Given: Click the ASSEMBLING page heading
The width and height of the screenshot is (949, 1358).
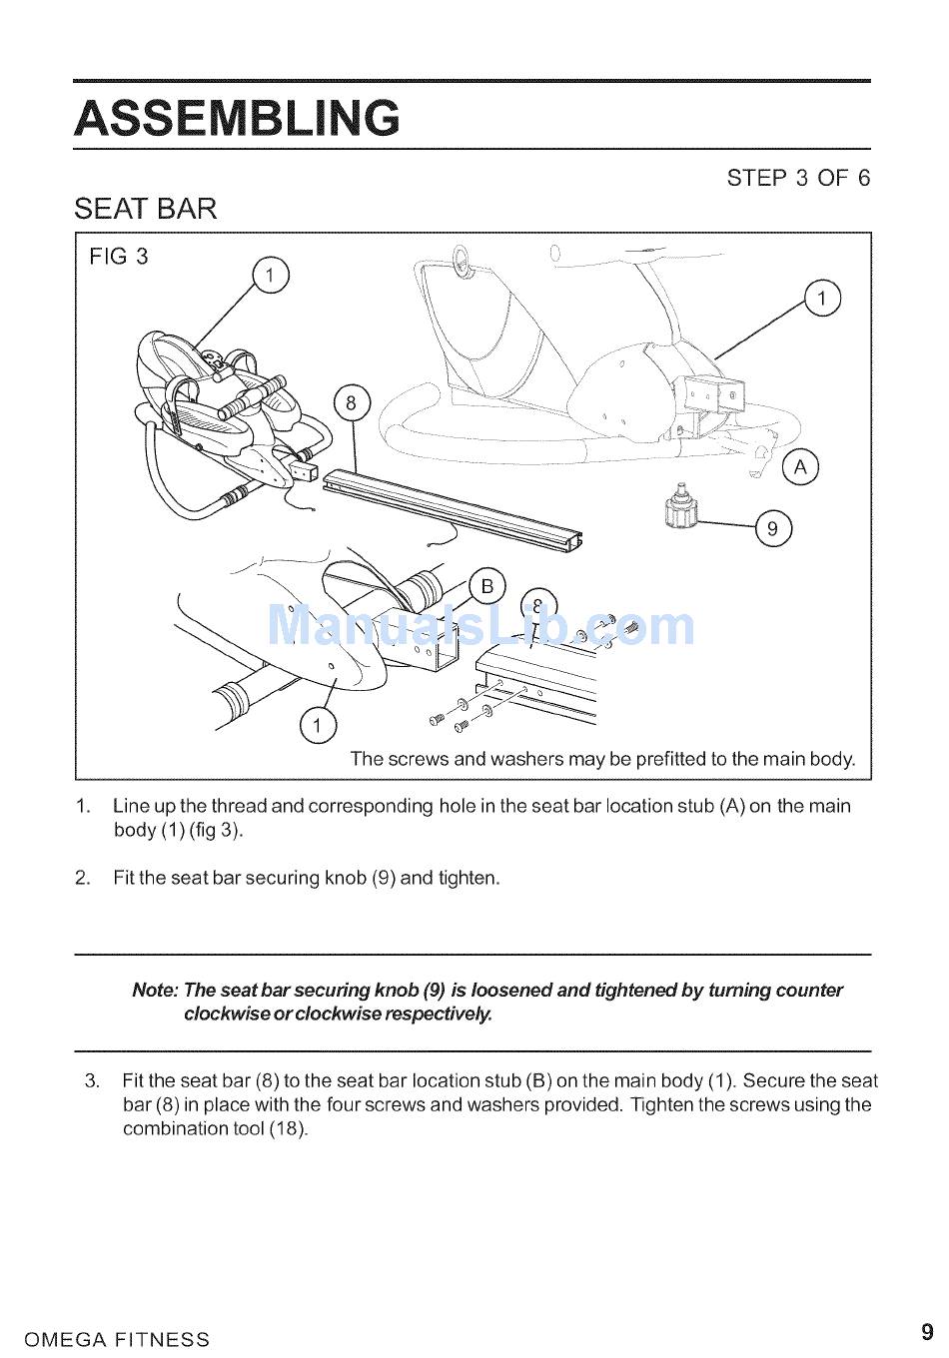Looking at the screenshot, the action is (237, 118).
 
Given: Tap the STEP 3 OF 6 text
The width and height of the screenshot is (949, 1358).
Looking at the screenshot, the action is (798, 178).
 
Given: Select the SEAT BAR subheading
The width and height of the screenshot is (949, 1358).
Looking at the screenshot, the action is (145, 209).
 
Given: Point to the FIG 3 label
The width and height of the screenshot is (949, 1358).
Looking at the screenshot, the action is (119, 256).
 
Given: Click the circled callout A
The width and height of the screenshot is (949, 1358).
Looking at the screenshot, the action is (800, 467).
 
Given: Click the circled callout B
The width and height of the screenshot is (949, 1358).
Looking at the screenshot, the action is (486, 586).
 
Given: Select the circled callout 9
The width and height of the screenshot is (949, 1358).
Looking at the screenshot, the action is (773, 528).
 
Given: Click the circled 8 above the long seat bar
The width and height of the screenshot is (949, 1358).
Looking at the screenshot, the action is (352, 402).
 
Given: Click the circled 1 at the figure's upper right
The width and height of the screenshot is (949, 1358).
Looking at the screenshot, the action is (822, 299).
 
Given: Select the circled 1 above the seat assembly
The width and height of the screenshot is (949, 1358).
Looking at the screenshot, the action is (271, 276).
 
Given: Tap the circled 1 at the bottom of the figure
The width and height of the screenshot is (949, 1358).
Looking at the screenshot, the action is (317, 725).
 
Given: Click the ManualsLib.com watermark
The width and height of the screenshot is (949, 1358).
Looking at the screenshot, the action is (480, 626).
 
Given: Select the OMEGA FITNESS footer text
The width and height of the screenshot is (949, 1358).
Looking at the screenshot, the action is (117, 1339).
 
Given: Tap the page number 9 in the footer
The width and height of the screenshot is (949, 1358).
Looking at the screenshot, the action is (927, 1332).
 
